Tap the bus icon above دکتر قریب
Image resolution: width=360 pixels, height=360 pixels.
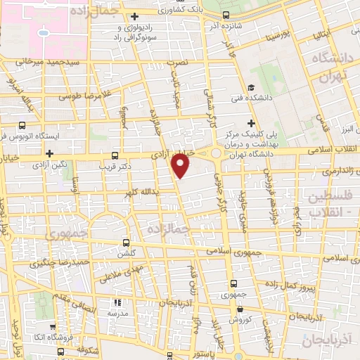[115, 155]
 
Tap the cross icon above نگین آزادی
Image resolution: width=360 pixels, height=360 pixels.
[49, 153]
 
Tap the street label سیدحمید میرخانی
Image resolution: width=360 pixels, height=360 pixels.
[36, 61]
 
